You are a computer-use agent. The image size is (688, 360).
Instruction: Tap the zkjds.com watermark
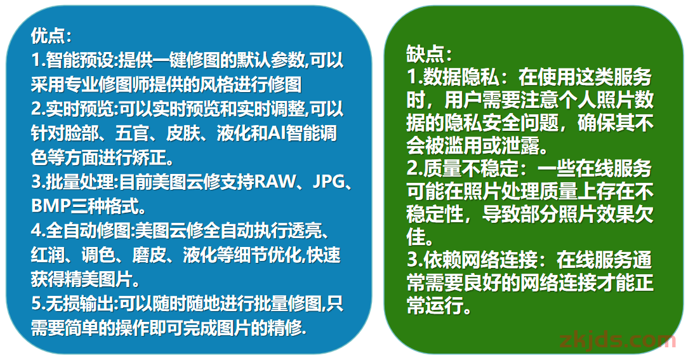[x=618, y=340]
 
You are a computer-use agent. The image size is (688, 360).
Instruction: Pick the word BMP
[x=51, y=206]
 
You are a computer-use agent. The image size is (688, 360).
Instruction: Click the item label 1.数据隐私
[x=453, y=77]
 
